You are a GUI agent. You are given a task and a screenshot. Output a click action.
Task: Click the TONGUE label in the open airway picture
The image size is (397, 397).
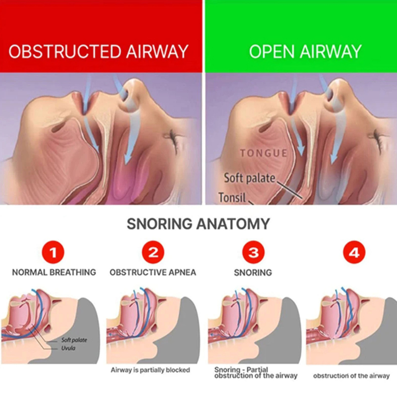pyautogui.click(x=264, y=153)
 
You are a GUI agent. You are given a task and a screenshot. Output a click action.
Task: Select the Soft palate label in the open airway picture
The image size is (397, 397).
pyautogui.click(x=250, y=178)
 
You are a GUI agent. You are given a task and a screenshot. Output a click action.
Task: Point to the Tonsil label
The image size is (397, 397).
pyautogui.click(x=232, y=197)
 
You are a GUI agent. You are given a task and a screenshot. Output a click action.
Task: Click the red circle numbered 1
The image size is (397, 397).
pyautogui.click(x=53, y=253)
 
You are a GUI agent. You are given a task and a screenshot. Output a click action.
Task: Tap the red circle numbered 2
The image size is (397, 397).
pyautogui.click(x=153, y=253)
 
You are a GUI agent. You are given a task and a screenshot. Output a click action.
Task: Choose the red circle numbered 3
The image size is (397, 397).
pyautogui.click(x=254, y=253)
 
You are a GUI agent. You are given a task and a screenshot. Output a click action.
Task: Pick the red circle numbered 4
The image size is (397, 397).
pyautogui.click(x=354, y=253)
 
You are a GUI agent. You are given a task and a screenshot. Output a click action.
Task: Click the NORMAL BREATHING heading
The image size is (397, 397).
pyautogui.click(x=54, y=272)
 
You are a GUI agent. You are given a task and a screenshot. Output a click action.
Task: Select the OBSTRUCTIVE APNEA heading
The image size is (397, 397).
pyautogui.click(x=153, y=272)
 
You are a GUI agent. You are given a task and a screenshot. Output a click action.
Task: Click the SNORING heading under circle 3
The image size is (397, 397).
pyautogui.click(x=253, y=272)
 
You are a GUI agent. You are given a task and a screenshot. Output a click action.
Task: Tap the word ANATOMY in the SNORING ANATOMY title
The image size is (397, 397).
pyautogui.click(x=233, y=224)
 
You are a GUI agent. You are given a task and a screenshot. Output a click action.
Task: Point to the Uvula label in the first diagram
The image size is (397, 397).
pyautogui.click(x=68, y=348)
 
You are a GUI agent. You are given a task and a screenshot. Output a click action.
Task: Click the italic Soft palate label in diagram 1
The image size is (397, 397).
pyautogui.click(x=74, y=340)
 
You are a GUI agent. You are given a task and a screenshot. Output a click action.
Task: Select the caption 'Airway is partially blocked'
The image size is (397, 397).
pyautogui.click(x=150, y=370)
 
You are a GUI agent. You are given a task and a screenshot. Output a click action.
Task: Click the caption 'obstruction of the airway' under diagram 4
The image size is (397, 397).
pyautogui.click(x=351, y=376)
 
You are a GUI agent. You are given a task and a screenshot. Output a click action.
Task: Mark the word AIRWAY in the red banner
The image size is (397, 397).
pyautogui.click(x=157, y=52)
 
